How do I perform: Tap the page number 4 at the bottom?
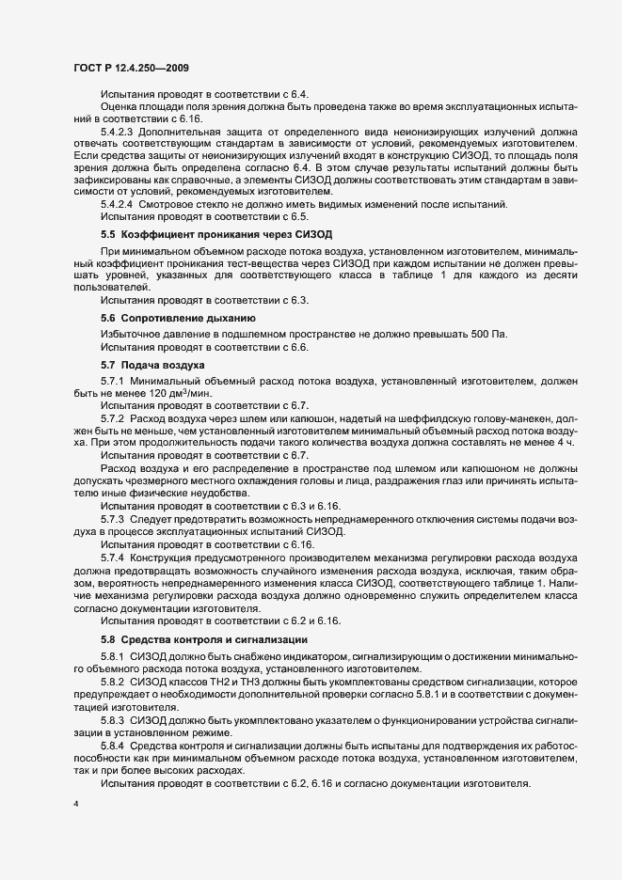pyautogui.click(x=75, y=805)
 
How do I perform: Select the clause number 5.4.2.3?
pyautogui.click(x=120, y=132)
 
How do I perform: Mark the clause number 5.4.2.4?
pyautogui.click(x=120, y=204)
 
